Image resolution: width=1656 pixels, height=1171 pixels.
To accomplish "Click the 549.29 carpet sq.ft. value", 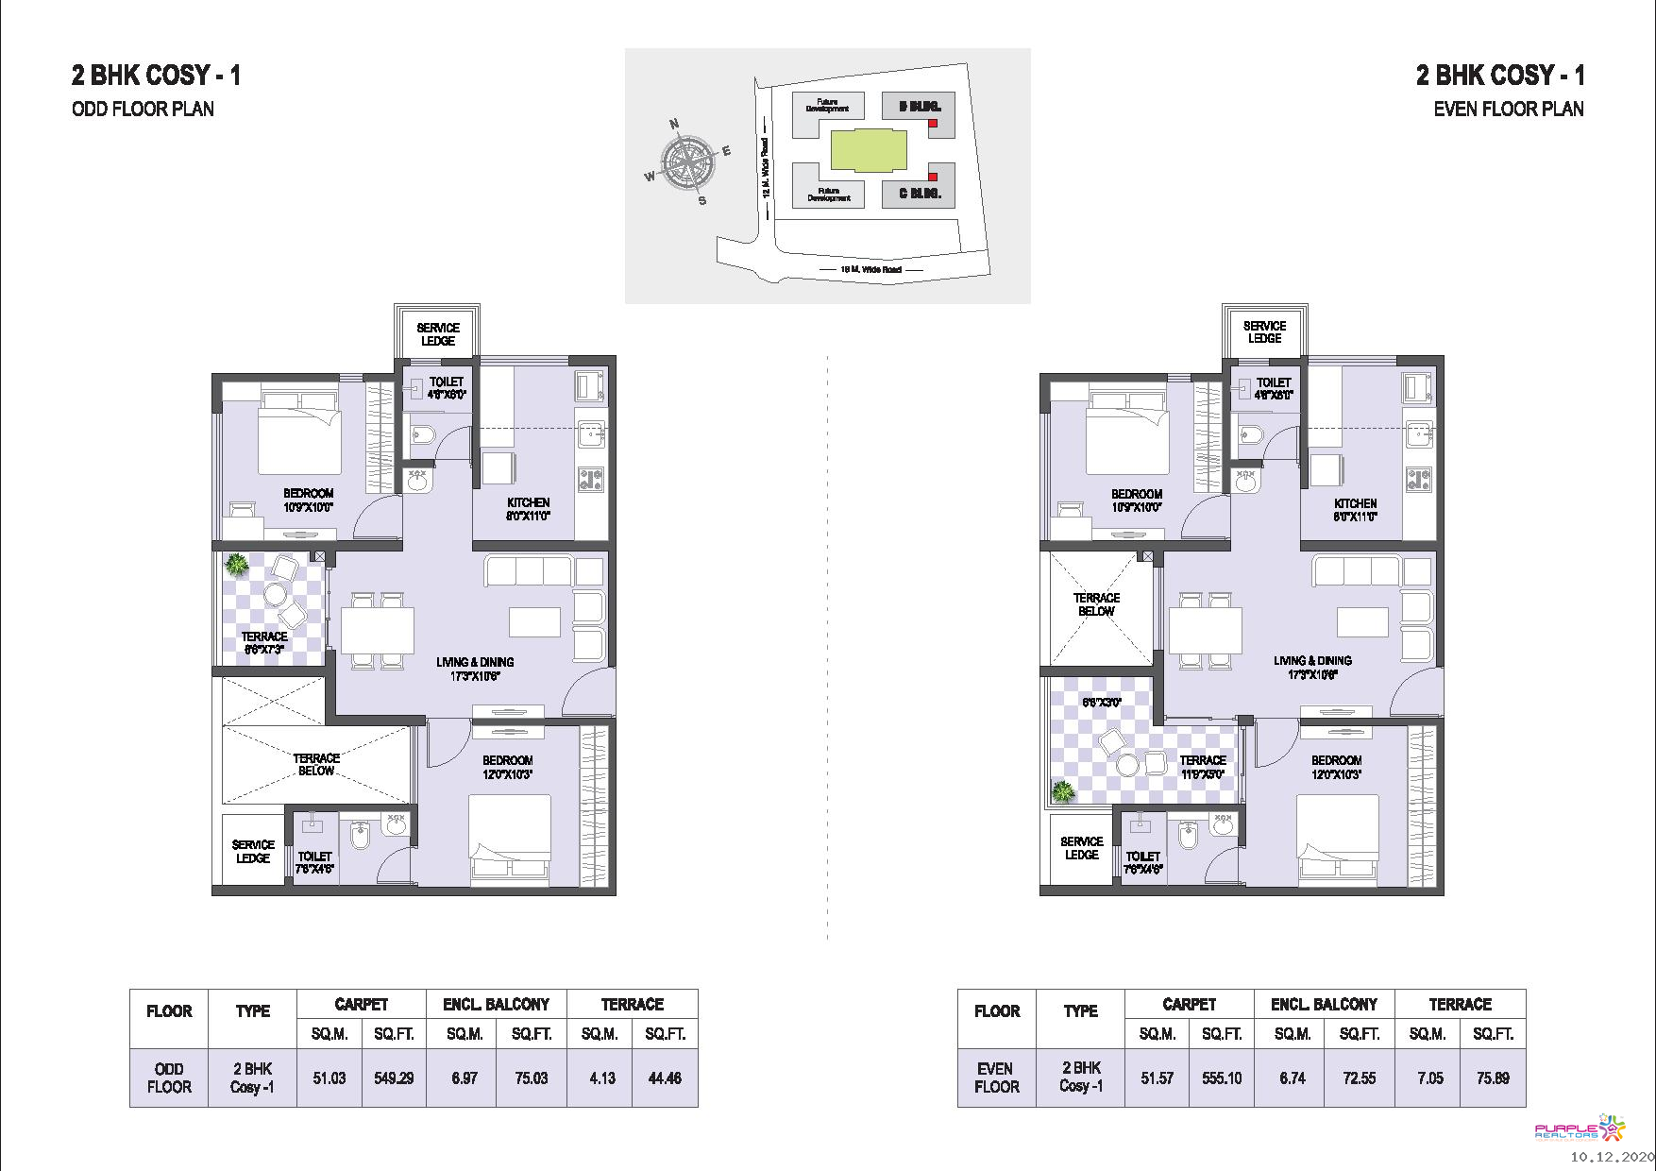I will [394, 1078].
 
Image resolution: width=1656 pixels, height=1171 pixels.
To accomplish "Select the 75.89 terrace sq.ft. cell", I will [1493, 1078].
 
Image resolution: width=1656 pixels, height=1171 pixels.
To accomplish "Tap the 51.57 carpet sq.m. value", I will [1157, 1078].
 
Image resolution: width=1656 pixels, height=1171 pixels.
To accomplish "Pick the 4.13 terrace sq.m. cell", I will [601, 1078].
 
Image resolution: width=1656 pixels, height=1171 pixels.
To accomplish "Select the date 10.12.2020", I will [1612, 1157].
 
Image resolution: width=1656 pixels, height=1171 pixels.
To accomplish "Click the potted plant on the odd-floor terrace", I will [237, 566].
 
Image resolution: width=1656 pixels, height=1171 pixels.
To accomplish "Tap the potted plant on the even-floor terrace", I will [1064, 791].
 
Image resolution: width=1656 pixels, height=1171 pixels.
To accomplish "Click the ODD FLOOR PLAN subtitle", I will [143, 109].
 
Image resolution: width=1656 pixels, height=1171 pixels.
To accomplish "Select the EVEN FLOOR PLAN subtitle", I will [1508, 109].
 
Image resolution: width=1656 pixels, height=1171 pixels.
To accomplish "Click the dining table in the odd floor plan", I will [377, 630].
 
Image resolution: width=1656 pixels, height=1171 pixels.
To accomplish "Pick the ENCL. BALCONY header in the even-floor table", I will [1324, 1004].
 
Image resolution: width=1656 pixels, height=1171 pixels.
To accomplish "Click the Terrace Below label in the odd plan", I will [316, 764].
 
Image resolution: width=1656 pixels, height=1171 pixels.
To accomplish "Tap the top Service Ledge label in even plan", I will [1264, 331].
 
